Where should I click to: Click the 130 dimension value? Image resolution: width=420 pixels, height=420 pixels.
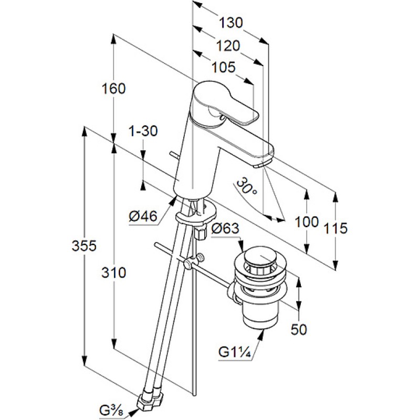[231, 23]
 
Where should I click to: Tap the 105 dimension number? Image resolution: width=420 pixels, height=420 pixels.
[224, 67]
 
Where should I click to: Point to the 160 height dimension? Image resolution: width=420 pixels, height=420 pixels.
[114, 89]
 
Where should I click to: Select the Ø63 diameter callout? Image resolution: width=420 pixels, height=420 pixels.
[226, 228]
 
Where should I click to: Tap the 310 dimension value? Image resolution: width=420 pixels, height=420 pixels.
[114, 272]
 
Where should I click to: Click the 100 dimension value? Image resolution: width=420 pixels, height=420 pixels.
[307, 222]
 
